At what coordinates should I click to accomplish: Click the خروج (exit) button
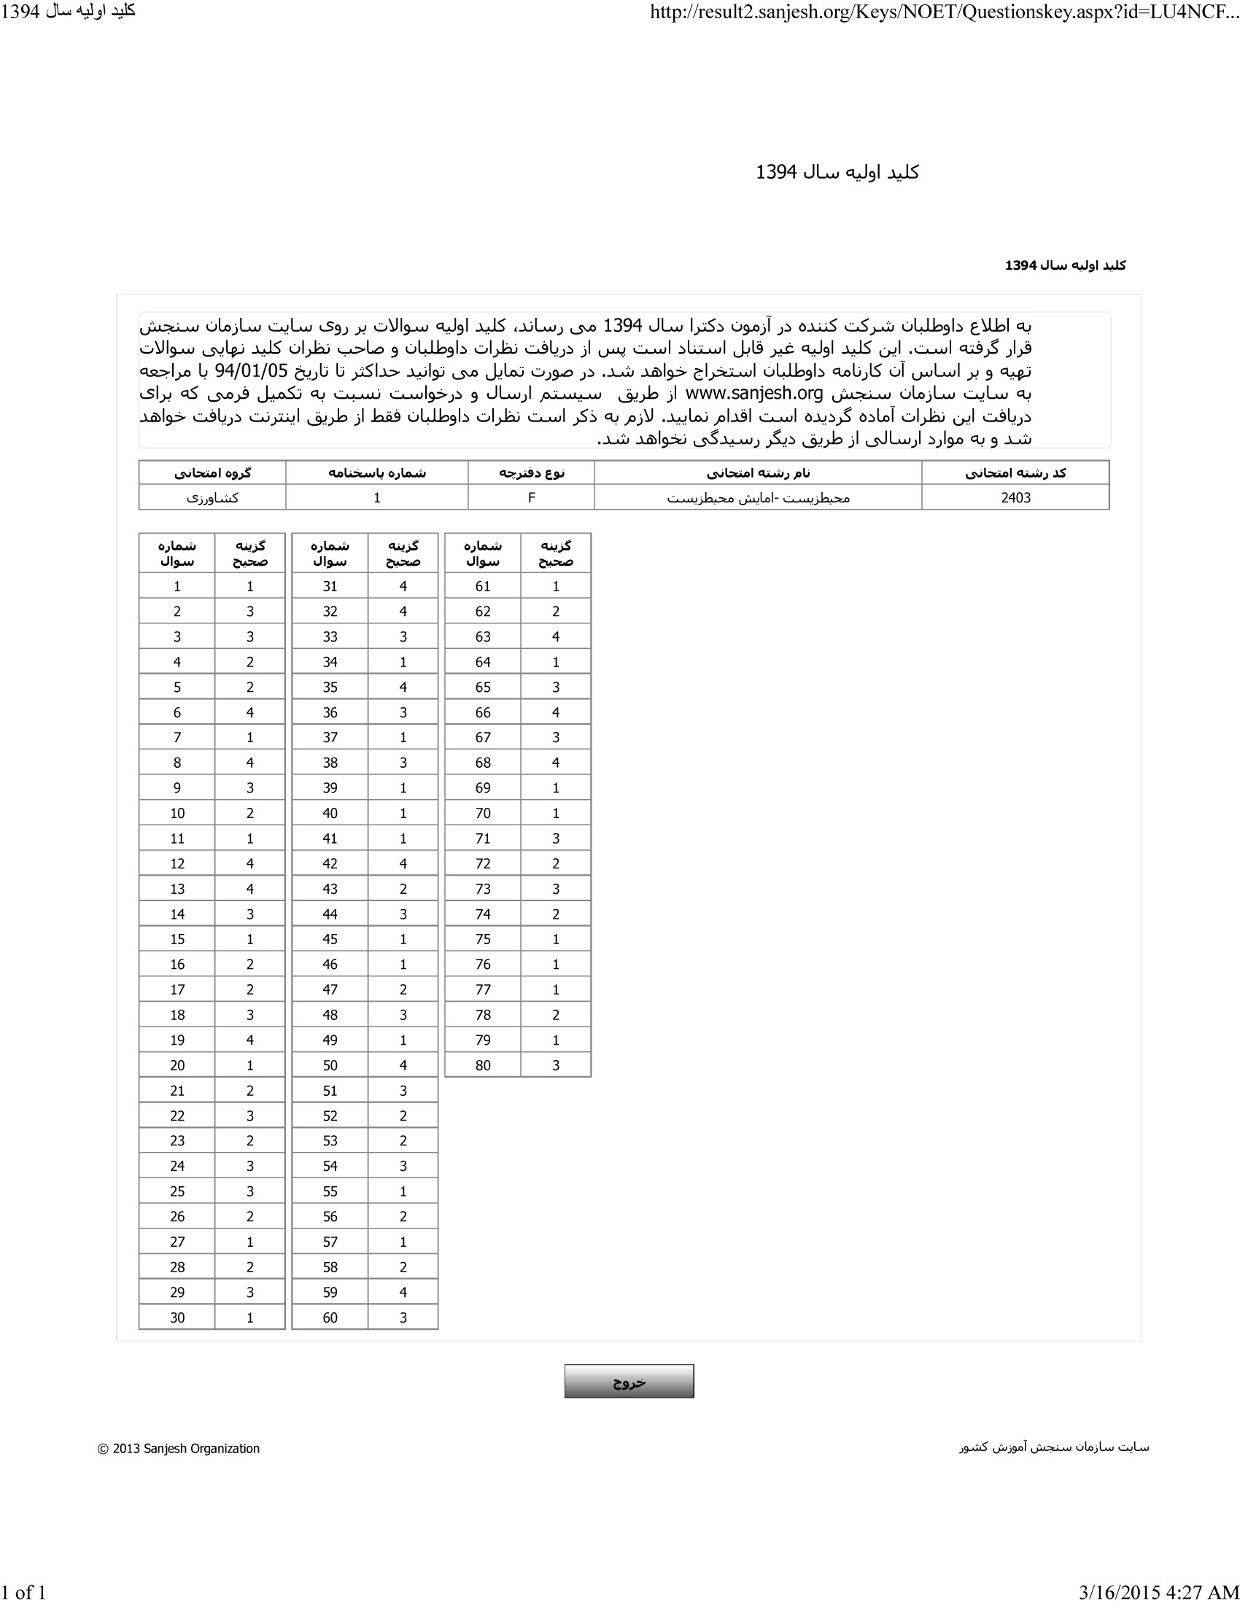[x=629, y=1381]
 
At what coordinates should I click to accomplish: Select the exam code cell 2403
[x=1015, y=497]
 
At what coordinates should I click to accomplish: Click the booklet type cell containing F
[x=531, y=497]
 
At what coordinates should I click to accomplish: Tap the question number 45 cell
[x=330, y=938]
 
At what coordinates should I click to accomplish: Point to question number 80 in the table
[x=483, y=1065]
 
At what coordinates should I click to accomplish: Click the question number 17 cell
[x=177, y=989]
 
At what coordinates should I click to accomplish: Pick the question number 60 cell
[x=330, y=1317]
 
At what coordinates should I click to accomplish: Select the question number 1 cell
[x=177, y=586]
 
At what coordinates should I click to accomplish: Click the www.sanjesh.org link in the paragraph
[x=753, y=393]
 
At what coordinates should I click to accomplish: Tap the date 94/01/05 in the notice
[x=251, y=370]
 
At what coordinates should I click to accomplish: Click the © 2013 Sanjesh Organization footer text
[x=179, y=1448]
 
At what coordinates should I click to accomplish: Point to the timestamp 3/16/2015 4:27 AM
[x=1158, y=1592]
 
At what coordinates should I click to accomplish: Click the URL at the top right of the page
[x=944, y=12]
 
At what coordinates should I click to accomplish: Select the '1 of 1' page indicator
[x=23, y=1592]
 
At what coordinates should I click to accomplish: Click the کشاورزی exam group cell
[x=212, y=497]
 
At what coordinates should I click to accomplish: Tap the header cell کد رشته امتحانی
[x=1015, y=473]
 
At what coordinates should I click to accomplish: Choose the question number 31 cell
[x=330, y=586]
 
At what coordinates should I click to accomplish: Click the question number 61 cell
[x=483, y=586]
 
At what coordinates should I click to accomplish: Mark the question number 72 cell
[x=483, y=863]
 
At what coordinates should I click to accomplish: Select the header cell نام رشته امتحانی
[x=757, y=473]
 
